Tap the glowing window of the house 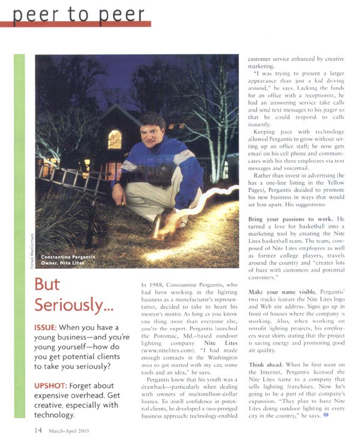115,139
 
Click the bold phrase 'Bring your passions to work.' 290,220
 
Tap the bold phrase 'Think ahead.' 268,364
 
